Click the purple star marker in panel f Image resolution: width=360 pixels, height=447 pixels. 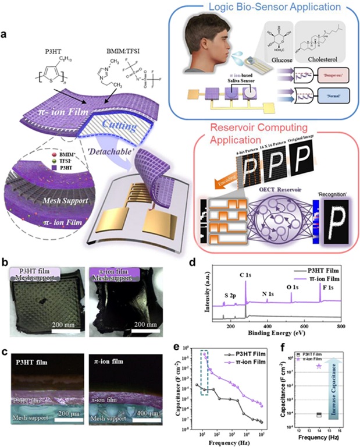pos(318,366)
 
